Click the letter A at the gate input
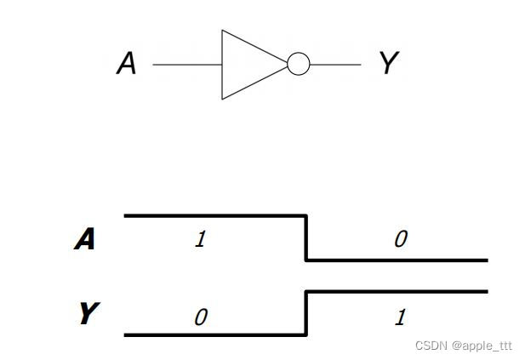(126, 64)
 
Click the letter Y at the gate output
(388, 63)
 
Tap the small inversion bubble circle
(298, 65)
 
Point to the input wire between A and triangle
(187, 65)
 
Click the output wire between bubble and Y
(335, 65)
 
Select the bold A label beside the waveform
(85, 240)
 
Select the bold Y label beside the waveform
(87, 314)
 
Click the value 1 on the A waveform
(200, 239)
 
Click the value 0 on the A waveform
(400, 239)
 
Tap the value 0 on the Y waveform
(200, 317)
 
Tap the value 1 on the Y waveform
(400, 317)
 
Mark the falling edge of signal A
(306, 238)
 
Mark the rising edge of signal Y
(306, 313)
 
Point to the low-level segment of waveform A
(397, 260)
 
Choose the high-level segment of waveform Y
(397, 292)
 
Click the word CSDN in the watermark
(431, 346)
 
